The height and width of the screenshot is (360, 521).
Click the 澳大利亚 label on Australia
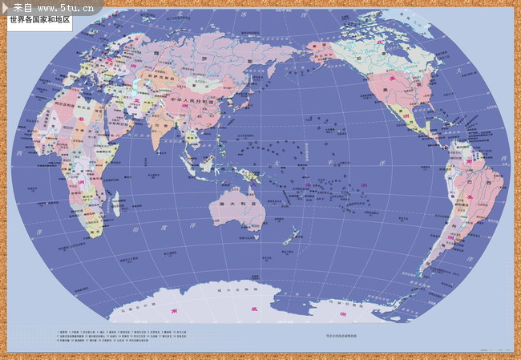pos(232,204)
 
